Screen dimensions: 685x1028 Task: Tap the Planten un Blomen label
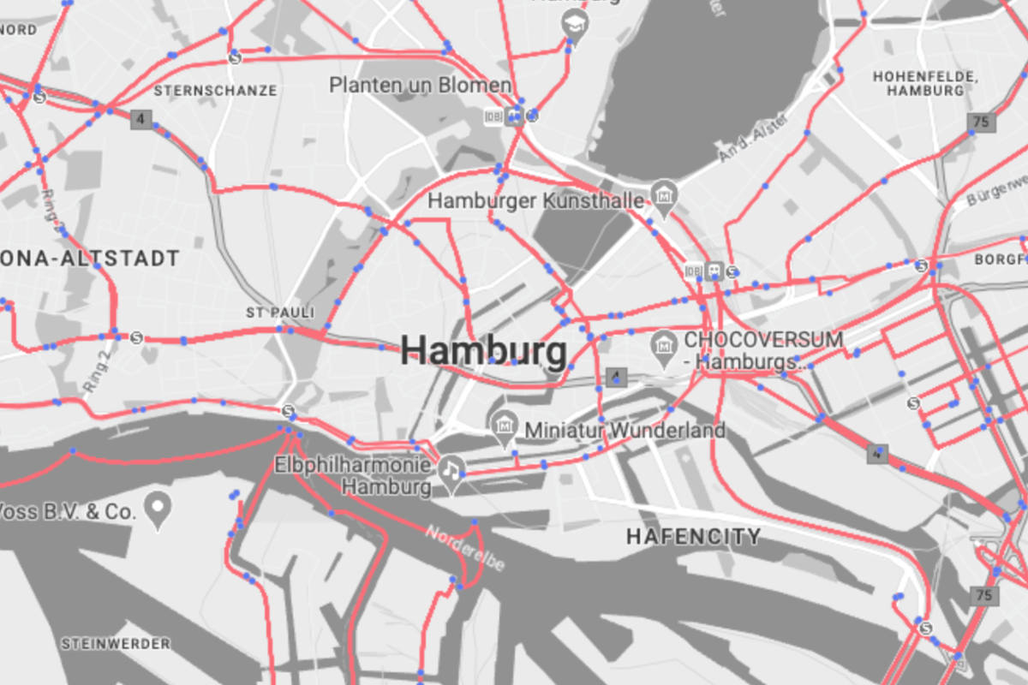pos(421,85)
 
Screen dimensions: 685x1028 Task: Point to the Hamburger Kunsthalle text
pos(535,201)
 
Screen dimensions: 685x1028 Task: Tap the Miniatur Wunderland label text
pos(625,430)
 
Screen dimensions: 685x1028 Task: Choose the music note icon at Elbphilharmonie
pos(451,469)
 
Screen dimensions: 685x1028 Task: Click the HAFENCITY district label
pos(693,537)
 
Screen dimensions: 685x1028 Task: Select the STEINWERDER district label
pos(116,643)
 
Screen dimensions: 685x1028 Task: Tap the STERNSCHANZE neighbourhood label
pos(215,90)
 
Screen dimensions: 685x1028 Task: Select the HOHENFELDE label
pos(924,83)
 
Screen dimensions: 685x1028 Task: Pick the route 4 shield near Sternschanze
pos(140,119)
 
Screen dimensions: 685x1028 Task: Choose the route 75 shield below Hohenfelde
pos(982,122)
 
